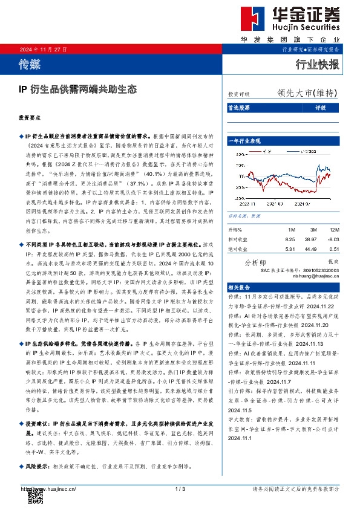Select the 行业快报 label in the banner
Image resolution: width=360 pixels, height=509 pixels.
[318, 63]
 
